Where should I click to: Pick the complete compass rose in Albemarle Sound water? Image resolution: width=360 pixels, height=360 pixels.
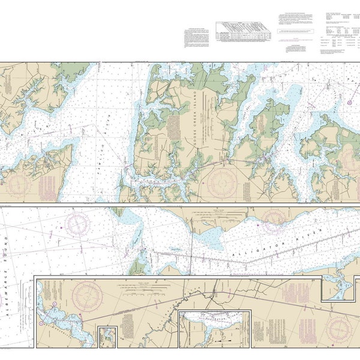coord(78,224)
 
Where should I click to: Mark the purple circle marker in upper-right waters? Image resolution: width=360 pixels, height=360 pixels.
coord(350,103)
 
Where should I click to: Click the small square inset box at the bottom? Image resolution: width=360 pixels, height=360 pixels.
coord(108,336)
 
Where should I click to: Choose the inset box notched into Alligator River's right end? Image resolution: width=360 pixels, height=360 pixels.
coord(340,287)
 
